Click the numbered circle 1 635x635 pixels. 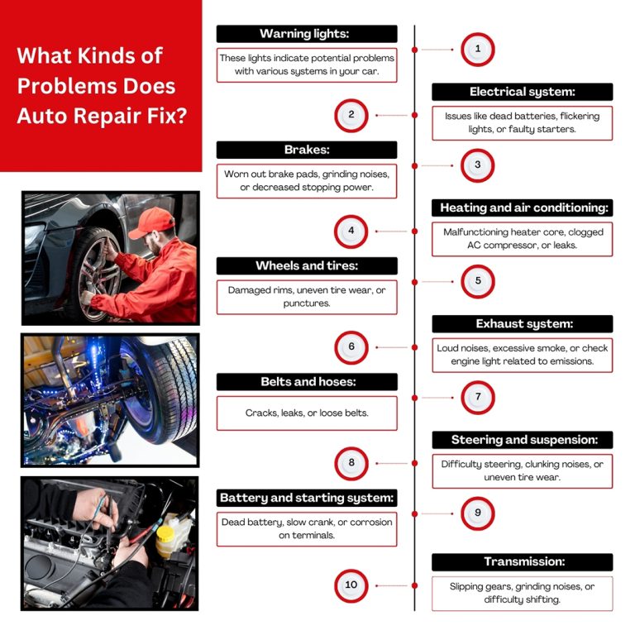point(477,50)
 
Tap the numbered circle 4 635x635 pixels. point(351,232)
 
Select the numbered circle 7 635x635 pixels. point(477,397)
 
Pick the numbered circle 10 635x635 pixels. point(351,585)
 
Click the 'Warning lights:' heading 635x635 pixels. point(307,34)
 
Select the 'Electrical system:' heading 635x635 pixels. point(522,92)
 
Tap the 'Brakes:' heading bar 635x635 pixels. point(307,150)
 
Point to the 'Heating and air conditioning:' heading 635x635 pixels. point(522,208)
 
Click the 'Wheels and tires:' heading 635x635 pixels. point(307,265)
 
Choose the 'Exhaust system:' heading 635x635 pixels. point(522,323)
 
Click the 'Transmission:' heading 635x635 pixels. point(522,562)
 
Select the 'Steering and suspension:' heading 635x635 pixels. point(522,440)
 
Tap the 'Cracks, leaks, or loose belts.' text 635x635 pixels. point(307,413)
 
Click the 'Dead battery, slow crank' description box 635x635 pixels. point(307,528)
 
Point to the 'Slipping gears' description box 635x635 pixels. point(522,593)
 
